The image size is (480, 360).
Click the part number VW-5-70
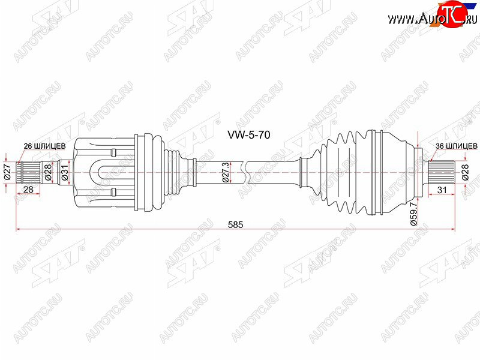(x=248, y=134)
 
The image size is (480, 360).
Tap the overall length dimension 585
(x=235, y=224)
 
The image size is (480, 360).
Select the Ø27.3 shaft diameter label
(x=226, y=173)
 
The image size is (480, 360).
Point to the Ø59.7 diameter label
(x=413, y=214)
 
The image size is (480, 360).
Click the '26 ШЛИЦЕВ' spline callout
(x=44, y=146)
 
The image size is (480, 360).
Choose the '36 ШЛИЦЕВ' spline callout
(x=456, y=146)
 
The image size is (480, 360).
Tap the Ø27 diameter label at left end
(x=8, y=172)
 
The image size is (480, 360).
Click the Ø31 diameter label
(x=65, y=172)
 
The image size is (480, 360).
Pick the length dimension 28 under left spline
(x=28, y=190)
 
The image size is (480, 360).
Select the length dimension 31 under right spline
(x=442, y=190)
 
